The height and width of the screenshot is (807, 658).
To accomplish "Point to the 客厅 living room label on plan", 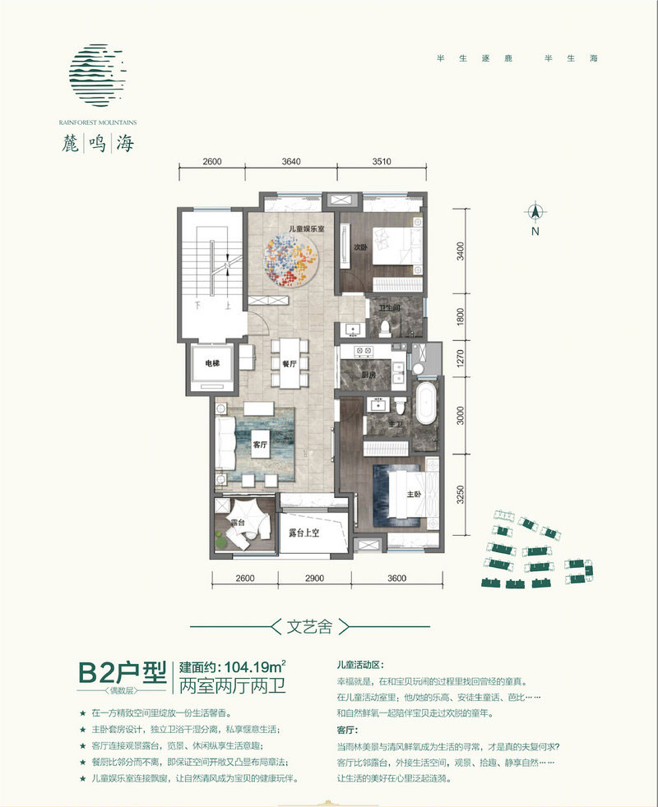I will [262, 445].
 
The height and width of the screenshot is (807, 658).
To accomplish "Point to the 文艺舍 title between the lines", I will [312, 627].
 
